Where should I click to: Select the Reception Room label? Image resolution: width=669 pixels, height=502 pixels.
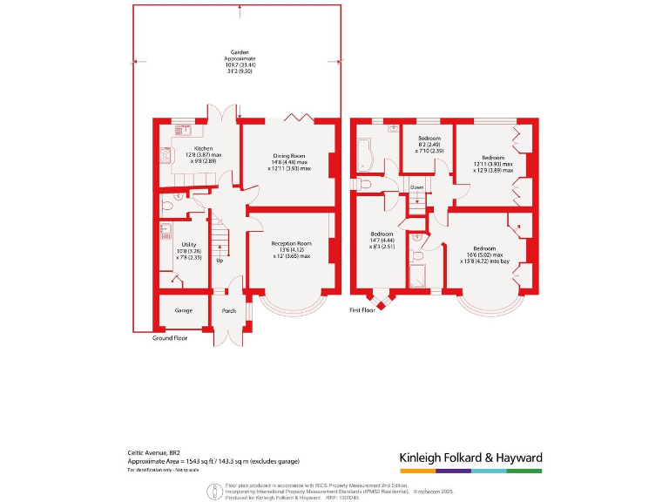pyautogui.click(x=292, y=243)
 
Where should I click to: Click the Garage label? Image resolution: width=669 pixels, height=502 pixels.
pyautogui.click(x=183, y=310)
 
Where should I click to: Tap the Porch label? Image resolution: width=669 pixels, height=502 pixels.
pyautogui.click(x=229, y=311)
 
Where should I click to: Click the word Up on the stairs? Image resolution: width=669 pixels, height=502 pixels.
pyautogui.click(x=219, y=261)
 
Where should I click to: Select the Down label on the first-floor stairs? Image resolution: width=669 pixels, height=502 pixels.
pyautogui.click(x=417, y=187)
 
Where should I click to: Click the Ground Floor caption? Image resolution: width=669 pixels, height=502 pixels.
pyautogui.click(x=170, y=337)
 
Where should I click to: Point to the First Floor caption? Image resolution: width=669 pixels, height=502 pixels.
pyautogui.click(x=362, y=310)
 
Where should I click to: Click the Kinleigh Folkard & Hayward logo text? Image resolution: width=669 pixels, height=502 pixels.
pyautogui.click(x=470, y=458)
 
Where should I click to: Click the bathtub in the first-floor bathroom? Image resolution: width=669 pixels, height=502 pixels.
pyautogui.click(x=364, y=153)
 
